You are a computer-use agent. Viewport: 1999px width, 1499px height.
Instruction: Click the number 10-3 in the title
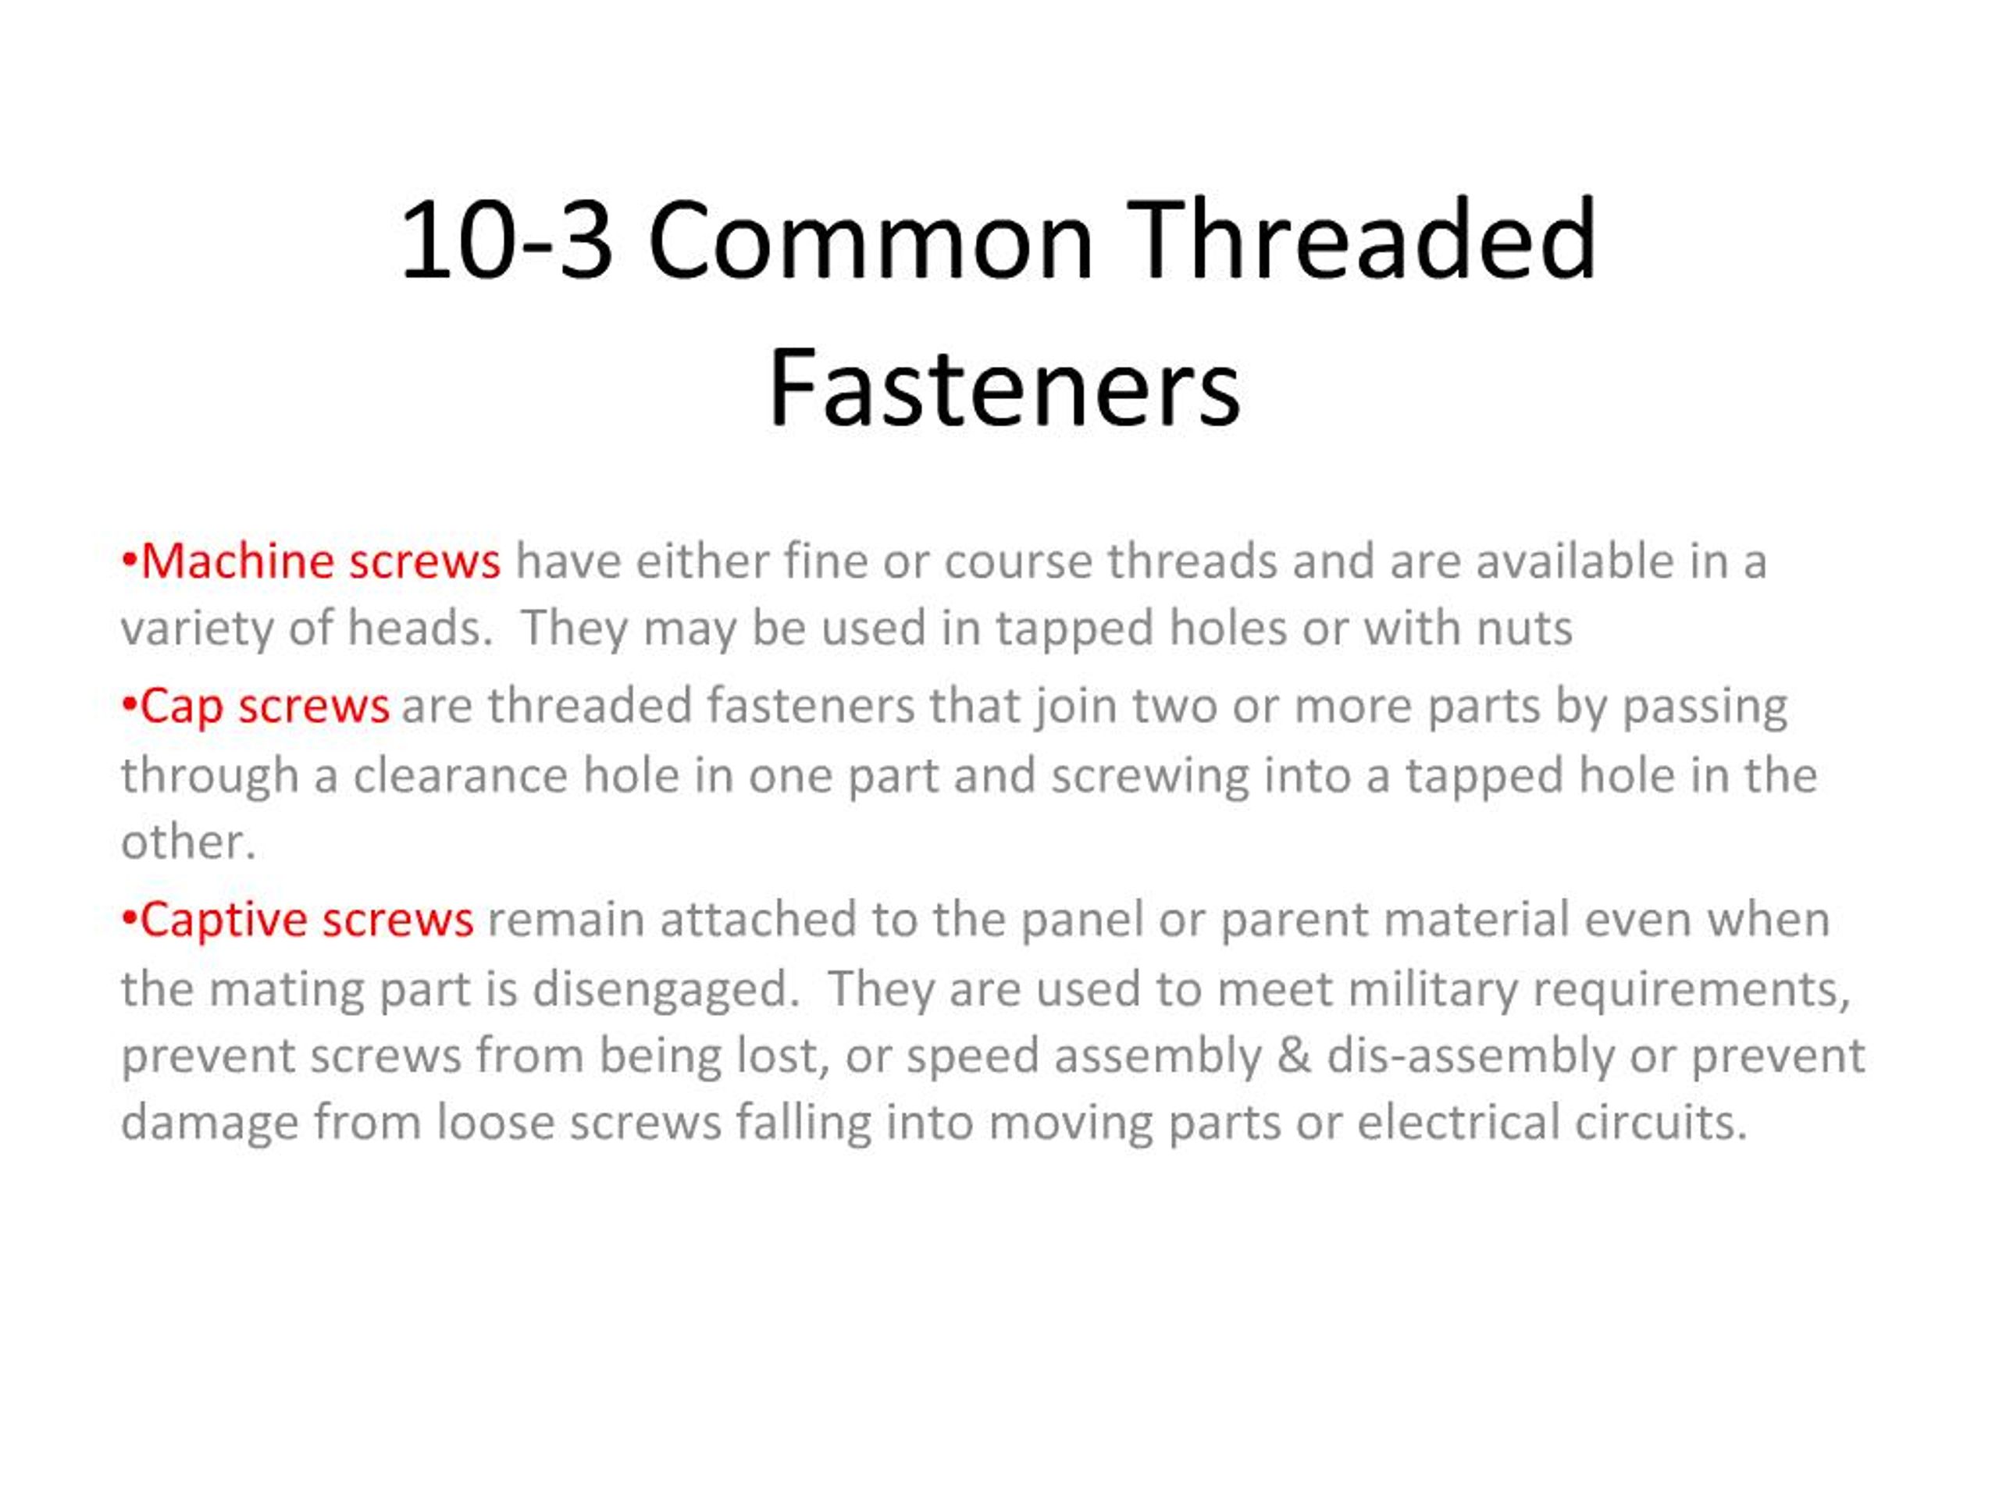click(x=505, y=241)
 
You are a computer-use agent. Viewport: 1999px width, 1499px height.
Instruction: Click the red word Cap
click(x=180, y=707)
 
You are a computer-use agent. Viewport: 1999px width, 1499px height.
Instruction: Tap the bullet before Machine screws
click(x=129, y=561)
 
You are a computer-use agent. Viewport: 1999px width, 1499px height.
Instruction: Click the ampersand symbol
click(x=1295, y=1056)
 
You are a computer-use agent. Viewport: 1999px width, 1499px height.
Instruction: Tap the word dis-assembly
click(x=1470, y=1056)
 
